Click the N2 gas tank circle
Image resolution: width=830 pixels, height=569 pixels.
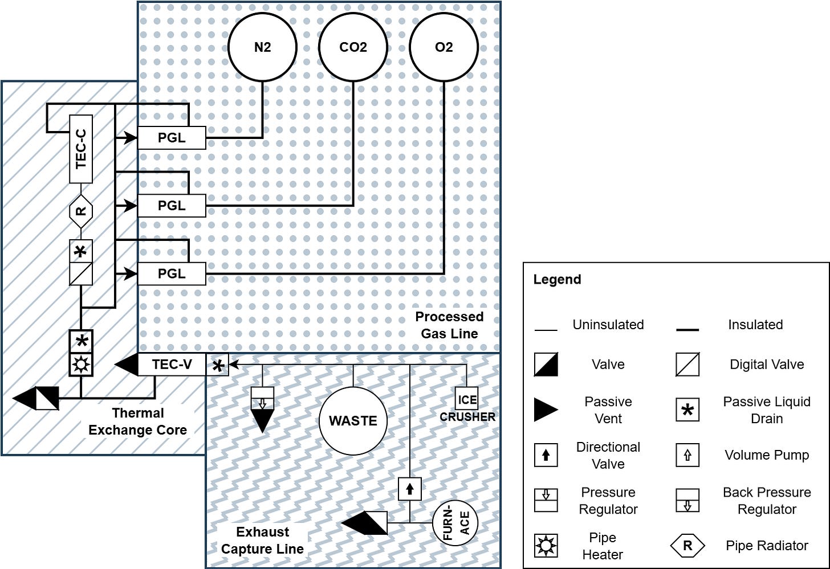tap(262, 47)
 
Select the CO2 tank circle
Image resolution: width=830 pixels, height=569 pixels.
tap(353, 47)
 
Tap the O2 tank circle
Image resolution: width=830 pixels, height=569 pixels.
tap(444, 47)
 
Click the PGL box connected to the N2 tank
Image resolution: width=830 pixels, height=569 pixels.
tap(172, 138)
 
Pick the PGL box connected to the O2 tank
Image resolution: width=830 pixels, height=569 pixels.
tap(172, 273)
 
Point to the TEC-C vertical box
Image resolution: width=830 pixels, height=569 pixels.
tap(81, 149)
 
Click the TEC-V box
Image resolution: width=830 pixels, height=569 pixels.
tap(172, 364)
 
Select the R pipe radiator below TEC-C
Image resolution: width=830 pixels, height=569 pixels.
tap(81, 211)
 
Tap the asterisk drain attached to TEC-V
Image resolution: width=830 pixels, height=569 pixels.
tap(217, 365)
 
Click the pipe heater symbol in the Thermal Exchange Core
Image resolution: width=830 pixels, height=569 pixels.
tap(81, 365)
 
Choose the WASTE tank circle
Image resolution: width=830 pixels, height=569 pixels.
tap(353, 421)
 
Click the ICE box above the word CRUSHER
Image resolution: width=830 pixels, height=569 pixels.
tap(467, 399)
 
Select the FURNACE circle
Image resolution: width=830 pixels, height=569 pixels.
tap(455, 523)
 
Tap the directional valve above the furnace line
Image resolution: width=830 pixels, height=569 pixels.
tap(409, 489)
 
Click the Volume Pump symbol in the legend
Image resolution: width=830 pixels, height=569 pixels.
tap(687, 455)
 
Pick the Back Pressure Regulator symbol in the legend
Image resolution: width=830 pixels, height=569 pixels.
tap(687, 501)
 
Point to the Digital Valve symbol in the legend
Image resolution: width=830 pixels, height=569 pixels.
tap(687, 365)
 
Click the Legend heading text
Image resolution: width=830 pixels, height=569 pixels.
tap(557, 280)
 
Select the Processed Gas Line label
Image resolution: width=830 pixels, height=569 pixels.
tap(449, 325)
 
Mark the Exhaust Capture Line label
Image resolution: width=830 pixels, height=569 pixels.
tap(263, 541)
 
